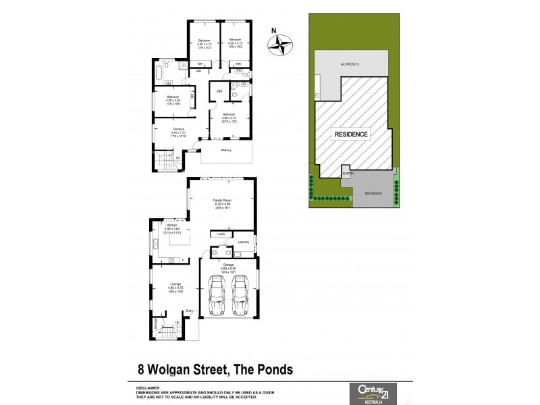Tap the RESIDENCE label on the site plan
(x=352, y=134)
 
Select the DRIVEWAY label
(x=374, y=194)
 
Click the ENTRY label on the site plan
(x=348, y=173)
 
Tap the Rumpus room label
(x=178, y=128)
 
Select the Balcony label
(x=225, y=150)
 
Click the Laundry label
(x=244, y=242)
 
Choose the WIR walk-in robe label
(x=219, y=91)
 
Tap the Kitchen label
(x=171, y=225)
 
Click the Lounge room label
(x=176, y=284)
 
